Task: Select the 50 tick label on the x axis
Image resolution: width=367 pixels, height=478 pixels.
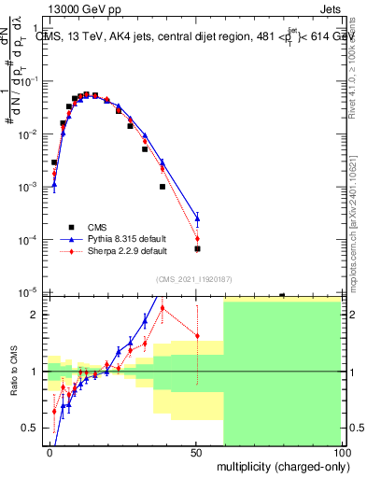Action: tap(196, 452)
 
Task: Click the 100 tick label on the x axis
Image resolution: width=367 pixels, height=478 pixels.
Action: tap(341, 452)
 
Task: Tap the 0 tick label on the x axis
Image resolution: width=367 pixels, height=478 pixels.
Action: tap(49, 452)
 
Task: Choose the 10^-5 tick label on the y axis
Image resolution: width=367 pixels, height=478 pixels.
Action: tap(28, 293)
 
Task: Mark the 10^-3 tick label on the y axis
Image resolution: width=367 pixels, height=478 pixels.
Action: tap(28, 187)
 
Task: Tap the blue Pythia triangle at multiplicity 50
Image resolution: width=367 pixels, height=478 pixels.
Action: tap(197, 218)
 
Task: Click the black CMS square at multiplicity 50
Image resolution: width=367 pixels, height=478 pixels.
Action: tap(197, 249)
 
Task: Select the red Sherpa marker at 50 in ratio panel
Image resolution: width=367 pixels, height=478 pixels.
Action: tap(197, 336)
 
